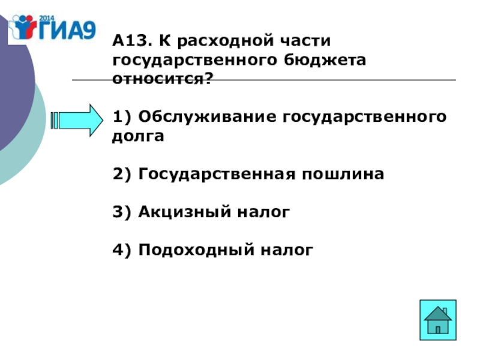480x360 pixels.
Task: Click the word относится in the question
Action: (159, 79)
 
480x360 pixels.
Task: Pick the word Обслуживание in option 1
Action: (205, 117)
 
